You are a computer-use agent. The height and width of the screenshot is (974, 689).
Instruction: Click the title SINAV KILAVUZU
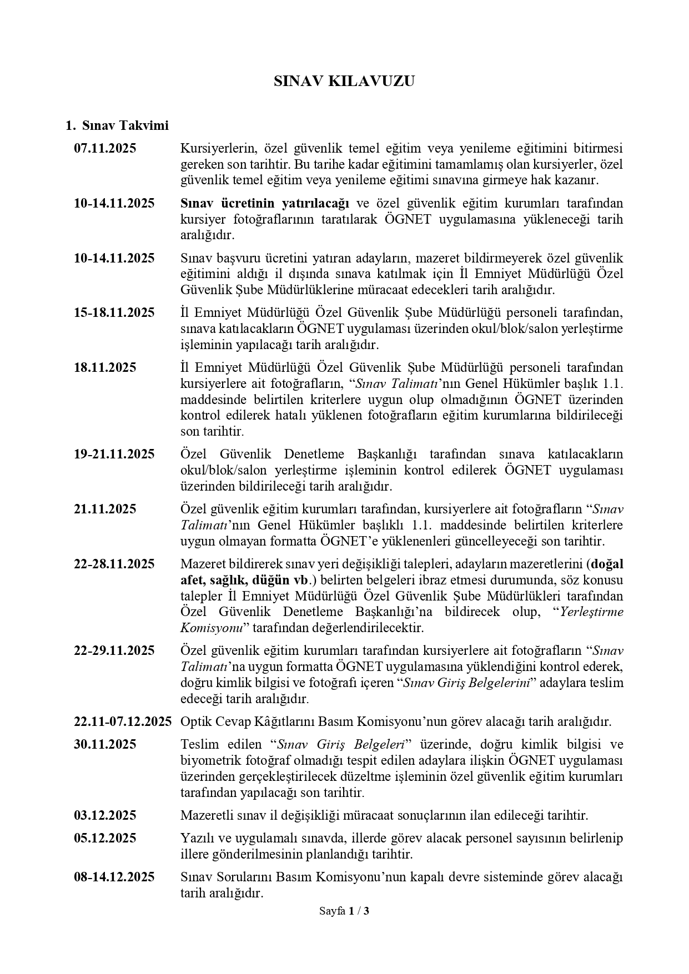[x=344, y=81]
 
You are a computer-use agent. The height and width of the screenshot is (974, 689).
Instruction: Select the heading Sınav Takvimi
[x=125, y=125]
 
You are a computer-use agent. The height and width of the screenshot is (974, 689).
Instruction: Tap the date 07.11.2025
[x=105, y=148]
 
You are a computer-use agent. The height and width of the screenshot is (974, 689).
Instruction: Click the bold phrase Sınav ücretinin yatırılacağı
[x=264, y=203]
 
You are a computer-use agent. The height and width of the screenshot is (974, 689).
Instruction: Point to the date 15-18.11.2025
[x=114, y=312]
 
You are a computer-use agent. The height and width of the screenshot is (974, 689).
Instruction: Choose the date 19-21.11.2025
[x=114, y=454]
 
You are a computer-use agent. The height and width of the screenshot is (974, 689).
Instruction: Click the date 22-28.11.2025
[x=114, y=564]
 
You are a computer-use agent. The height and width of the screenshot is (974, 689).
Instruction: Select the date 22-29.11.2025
[x=114, y=650]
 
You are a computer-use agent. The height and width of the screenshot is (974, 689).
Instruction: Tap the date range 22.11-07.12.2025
[x=123, y=721]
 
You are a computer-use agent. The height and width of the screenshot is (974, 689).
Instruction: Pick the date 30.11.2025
[x=105, y=744]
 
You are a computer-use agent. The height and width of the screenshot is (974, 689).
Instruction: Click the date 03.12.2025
[x=105, y=815]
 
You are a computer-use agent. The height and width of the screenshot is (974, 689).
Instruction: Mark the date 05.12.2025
[x=105, y=838]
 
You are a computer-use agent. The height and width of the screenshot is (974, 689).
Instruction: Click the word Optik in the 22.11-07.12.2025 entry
[x=195, y=721]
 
